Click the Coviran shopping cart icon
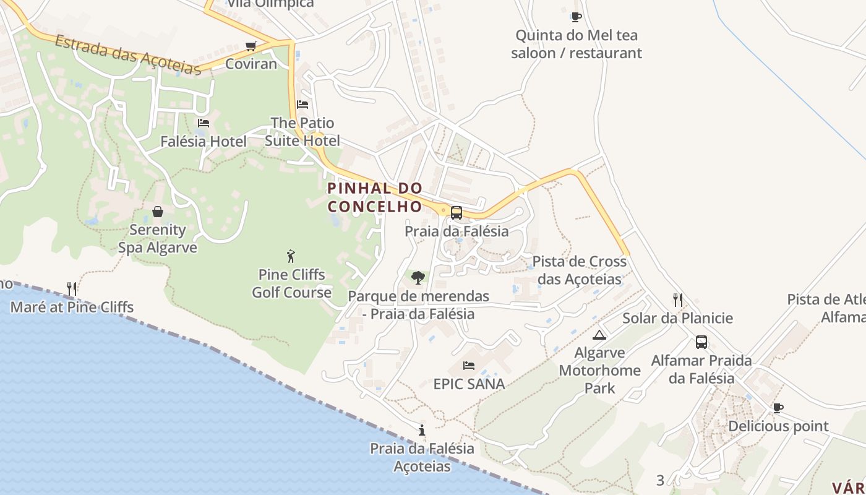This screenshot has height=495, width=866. (x=251, y=46)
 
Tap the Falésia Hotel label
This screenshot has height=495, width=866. (x=204, y=142)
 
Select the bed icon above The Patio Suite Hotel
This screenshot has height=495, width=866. (x=302, y=105)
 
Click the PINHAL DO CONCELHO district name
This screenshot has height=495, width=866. (x=375, y=197)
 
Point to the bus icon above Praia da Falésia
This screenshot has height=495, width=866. (x=457, y=213)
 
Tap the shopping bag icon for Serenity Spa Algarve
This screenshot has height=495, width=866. (x=158, y=212)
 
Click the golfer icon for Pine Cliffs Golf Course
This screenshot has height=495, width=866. (x=291, y=256)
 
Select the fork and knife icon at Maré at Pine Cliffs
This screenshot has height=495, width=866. (x=72, y=288)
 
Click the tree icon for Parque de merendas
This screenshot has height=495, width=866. (x=418, y=277)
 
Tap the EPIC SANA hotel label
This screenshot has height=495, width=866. (x=469, y=384)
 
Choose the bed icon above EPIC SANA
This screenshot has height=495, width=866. (x=469, y=366)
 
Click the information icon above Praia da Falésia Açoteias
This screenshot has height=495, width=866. (x=422, y=430)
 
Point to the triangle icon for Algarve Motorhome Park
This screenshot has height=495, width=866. (x=599, y=335)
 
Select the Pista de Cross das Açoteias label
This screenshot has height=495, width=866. (x=579, y=270)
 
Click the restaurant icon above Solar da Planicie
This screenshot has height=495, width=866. (x=678, y=300)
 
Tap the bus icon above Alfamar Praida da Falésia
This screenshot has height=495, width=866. (x=701, y=342)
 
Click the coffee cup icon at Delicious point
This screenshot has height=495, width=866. (x=778, y=408)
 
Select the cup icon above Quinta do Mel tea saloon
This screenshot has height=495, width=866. (x=576, y=17)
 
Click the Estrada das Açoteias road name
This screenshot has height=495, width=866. (x=128, y=56)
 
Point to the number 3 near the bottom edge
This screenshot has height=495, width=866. (x=660, y=480)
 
